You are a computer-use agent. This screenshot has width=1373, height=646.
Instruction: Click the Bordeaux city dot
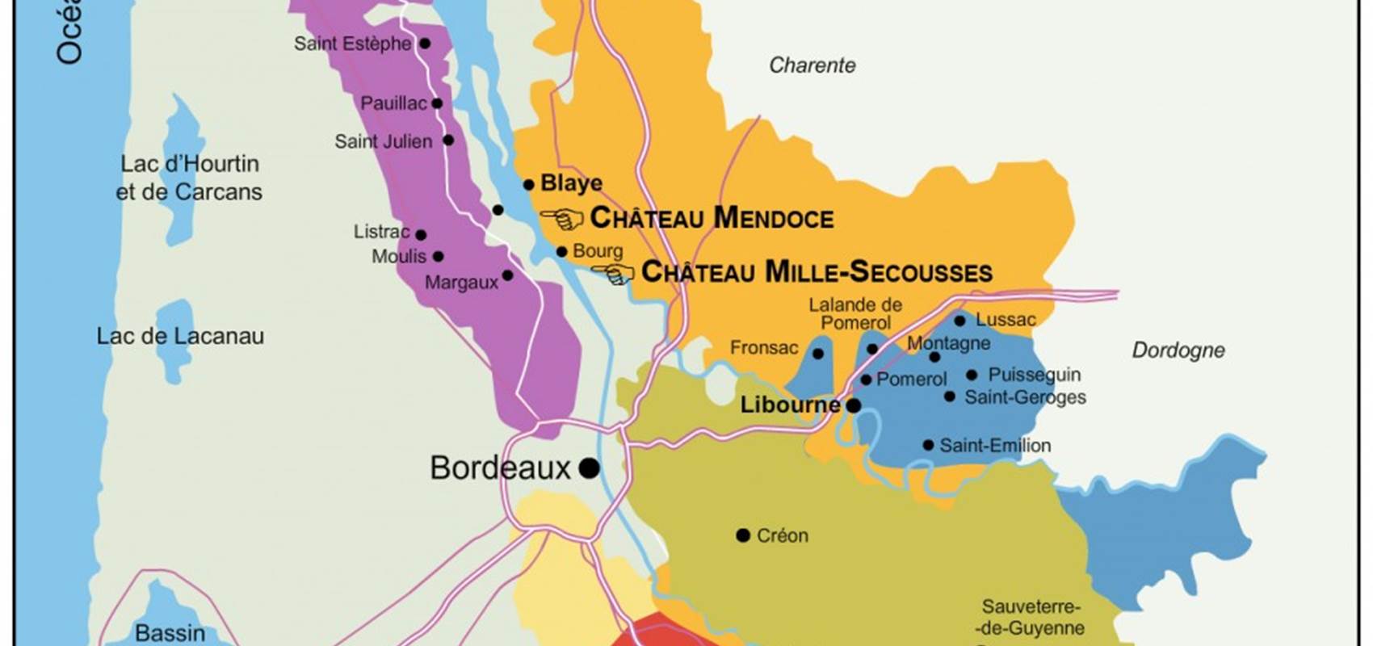[590, 468]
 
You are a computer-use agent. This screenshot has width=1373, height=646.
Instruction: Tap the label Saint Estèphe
[352, 44]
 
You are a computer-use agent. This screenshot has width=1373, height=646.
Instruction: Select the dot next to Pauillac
[437, 103]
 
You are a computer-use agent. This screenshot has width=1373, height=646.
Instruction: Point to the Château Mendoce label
[712, 218]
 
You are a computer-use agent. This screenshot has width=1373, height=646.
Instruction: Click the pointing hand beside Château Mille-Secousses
[616, 275]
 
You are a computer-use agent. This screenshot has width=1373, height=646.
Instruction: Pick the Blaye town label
[571, 183]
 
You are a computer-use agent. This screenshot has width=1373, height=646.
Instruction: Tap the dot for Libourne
[853, 405]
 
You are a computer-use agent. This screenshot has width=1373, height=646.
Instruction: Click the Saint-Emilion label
[995, 446]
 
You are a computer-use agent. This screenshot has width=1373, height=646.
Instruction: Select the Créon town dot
[743, 535]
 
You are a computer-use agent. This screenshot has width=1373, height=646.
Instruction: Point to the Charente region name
[812, 65]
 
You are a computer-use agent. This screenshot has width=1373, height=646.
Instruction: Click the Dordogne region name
[1178, 350]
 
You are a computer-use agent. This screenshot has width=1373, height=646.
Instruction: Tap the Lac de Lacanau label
[180, 336]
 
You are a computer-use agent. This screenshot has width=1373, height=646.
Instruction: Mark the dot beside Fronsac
[817, 354]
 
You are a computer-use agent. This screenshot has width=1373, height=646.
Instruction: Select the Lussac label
[1006, 320]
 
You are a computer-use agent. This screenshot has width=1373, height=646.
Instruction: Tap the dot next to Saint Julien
[448, 141]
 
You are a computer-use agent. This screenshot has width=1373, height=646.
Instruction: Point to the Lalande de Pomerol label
[855, 313]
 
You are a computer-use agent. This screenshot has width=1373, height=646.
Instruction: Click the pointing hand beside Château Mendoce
[563, 219]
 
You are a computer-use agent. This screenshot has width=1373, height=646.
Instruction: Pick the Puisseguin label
[1034, 375]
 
